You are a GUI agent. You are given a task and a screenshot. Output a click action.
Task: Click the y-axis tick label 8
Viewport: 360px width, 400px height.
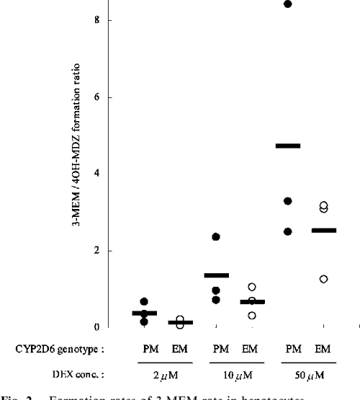107,21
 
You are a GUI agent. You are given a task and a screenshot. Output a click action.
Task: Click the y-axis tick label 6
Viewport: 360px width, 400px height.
107,97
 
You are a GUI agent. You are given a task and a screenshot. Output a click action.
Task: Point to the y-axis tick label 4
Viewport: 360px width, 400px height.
107,174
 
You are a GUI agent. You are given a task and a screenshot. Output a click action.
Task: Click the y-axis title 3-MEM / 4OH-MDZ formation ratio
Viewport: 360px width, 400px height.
84,174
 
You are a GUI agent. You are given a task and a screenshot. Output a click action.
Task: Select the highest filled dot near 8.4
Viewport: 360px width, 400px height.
288,4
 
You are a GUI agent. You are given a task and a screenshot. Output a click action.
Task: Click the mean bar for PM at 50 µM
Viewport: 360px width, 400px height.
288,146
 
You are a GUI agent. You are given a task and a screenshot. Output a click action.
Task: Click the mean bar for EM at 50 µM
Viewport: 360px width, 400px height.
323,231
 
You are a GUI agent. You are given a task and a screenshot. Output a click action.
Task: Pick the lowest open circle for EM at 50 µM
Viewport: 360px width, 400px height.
323,279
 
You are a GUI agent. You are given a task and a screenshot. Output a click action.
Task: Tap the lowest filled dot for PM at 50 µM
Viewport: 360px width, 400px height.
288,231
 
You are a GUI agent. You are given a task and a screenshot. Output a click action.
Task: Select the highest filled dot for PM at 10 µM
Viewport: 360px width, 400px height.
215,236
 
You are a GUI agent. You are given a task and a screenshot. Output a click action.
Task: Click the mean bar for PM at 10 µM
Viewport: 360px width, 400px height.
216,275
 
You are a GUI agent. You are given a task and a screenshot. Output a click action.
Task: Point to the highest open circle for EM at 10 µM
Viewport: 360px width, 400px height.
251,287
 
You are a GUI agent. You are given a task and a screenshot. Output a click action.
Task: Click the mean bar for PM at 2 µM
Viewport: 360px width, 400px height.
144,313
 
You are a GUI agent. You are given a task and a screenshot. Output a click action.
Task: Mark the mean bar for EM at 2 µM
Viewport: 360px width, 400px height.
179,322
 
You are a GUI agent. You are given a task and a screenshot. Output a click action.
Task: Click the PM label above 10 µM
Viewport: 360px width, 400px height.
216,349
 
